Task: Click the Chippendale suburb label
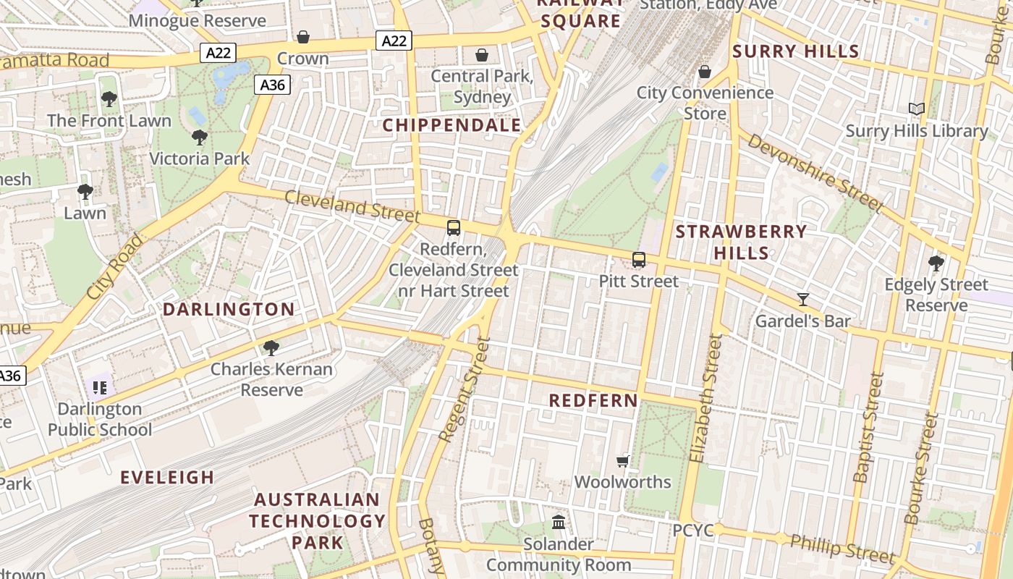452,125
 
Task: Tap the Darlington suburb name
229,310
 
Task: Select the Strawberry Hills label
741,242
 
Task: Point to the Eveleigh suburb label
167,477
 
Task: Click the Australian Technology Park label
317,520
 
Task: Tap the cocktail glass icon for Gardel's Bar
802,299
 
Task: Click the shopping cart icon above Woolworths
622,461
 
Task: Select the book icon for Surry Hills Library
917,109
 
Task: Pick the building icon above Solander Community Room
559,522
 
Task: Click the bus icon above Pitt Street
638,260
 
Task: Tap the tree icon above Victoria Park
199,137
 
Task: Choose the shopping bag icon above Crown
303,37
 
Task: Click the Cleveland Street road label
352,206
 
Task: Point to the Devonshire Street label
815,173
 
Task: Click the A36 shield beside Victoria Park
272,85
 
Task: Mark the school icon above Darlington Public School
100,387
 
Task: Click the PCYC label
693,531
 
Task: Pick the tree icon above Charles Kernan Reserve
271,348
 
